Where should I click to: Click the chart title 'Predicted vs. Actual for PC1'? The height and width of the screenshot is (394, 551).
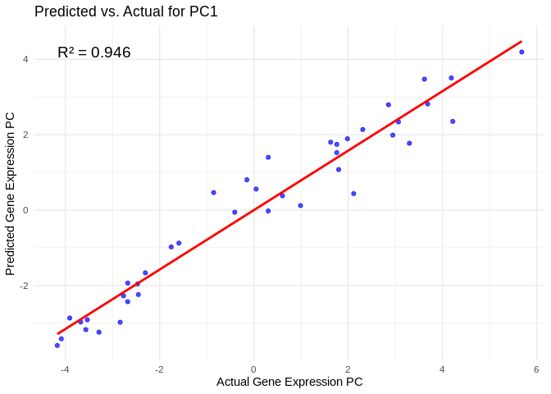(125, 11)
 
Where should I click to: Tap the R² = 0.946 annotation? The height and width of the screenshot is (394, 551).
(94, 53)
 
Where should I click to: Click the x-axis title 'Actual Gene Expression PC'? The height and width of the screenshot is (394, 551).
(289, 382)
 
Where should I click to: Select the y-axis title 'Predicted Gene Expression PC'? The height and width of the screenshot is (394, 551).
(11, 193)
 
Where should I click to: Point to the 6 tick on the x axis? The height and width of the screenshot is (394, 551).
(536, 369)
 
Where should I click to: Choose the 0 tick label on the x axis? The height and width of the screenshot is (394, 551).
(253, 369)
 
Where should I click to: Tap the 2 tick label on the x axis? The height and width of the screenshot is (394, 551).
(348, 369)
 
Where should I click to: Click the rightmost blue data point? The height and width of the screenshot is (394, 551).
(521, 52)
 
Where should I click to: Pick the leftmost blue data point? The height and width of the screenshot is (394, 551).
(57, 346)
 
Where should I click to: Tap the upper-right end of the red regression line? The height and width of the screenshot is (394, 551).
(521, 41)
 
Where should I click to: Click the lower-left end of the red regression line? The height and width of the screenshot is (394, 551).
(57, 334)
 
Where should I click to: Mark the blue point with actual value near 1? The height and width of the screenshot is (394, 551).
(300, 205)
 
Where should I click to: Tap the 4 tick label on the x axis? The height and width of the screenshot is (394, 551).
(442, 369)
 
